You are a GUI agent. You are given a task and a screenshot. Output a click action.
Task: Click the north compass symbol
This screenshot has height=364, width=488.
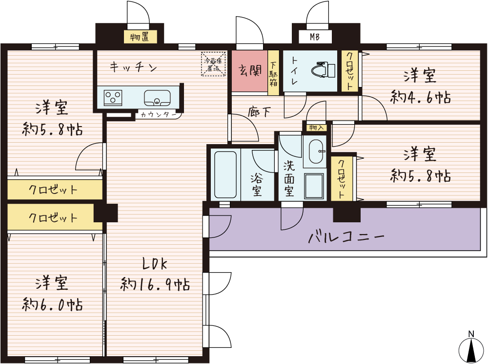[471, 347]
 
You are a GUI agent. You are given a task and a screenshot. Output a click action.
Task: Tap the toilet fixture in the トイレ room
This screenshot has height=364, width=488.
[323, 70]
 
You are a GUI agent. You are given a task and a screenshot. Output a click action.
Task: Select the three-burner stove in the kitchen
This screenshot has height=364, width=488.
[113, 98]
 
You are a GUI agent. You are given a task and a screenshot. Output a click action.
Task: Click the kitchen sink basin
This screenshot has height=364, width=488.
[157, 98]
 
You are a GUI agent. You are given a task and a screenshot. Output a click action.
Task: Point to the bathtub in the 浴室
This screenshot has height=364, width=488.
[225, 174]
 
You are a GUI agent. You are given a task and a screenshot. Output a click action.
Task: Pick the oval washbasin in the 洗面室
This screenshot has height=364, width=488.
[315, 151]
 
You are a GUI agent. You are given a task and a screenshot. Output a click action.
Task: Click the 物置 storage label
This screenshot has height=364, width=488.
[140, 37]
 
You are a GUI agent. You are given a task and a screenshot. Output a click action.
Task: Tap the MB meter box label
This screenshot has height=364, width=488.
[315, 38]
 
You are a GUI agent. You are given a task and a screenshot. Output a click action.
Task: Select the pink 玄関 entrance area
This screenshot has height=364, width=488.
[249, 71]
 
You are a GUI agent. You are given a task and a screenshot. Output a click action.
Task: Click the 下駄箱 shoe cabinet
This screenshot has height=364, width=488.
[273, 73]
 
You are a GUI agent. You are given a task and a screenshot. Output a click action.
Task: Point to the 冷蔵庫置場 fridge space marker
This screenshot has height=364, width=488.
[213, 64]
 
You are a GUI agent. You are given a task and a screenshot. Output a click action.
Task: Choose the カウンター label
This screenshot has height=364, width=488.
[159, 115]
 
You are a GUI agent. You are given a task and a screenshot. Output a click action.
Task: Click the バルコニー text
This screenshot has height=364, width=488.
[346, 237]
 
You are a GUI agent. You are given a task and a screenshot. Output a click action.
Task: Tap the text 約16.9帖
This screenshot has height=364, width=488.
[155, 284]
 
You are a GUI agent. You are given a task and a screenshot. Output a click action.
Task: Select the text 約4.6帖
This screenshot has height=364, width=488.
[420, 97]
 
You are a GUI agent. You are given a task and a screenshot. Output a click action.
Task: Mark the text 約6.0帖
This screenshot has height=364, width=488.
[52, 304]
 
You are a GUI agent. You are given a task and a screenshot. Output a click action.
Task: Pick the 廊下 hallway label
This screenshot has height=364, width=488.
[259, 112]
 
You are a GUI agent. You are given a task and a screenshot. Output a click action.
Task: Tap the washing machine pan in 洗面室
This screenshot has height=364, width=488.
[315, 186]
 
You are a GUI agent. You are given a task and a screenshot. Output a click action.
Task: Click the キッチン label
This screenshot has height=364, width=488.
[133, 67]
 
